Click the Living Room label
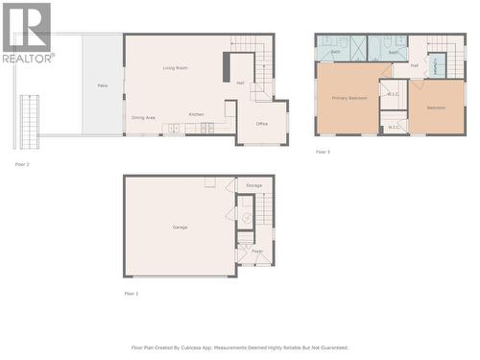coord(175,68)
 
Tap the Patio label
coord(102,86)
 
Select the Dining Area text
coord(144,117)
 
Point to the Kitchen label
coord(196,114)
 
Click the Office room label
coord(261,123)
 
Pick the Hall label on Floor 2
coord(240,83)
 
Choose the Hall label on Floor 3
coord(415,65)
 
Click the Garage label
coord(180,227)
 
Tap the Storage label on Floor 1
coord(253,185)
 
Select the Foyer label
coord(257,252)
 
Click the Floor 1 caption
coord(132,293)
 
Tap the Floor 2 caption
coord(22,165)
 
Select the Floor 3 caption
coord(323,152)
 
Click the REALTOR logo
coord(26,33)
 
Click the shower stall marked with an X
coord(358,48)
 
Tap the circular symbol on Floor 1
coord(246,219)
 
